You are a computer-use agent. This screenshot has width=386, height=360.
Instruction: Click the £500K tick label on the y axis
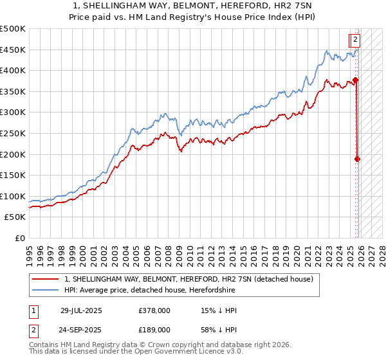click(13, 29)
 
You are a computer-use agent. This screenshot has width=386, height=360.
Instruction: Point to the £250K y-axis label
click(13, 133)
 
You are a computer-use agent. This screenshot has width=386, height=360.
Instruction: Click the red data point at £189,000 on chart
click(357, 159)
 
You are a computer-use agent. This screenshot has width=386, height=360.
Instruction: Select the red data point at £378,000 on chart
click(356, 80)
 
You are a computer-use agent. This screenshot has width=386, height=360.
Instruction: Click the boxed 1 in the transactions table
click(33, 310)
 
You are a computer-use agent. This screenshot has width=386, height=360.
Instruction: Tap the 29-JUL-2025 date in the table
click(81, 310)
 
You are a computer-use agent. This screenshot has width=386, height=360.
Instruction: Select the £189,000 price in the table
click(154, 329)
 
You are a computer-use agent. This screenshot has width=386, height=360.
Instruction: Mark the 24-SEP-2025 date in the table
click(81, 329)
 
